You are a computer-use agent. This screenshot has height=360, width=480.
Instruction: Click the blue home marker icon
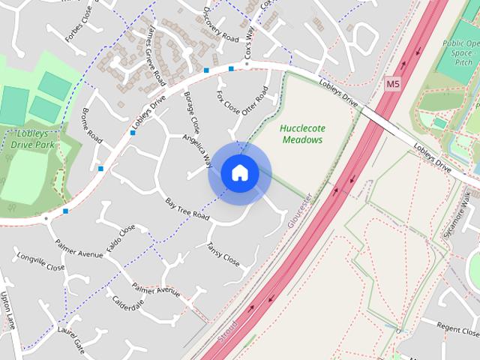(x=239, y=173)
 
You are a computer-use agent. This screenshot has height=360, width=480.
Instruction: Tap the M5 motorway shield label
(x=393, y=85)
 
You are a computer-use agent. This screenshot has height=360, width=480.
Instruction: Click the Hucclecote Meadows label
(x=301, y=133)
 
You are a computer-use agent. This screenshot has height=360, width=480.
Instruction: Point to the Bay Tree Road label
(x=186, y=208)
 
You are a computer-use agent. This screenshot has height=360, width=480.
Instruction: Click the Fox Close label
(x=228, y=103)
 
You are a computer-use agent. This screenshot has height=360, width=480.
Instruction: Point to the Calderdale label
(x=127, y=304)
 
